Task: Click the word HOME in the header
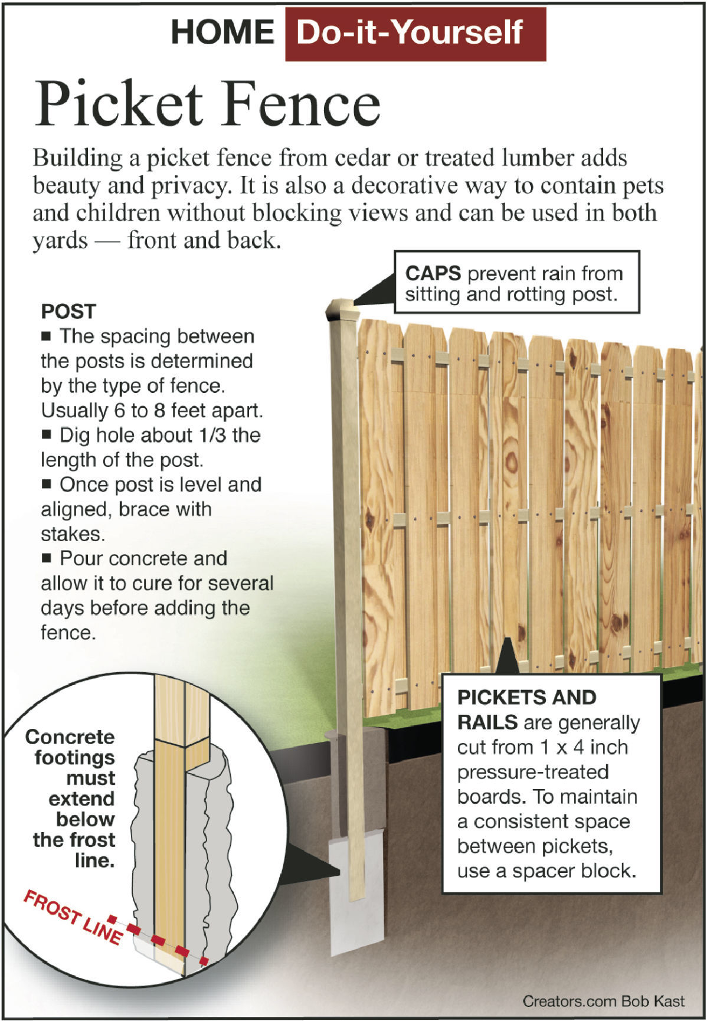222,32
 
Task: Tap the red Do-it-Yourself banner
415,34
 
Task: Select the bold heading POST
68,312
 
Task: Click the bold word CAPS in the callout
433,274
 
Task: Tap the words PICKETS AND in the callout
526,698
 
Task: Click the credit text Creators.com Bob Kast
603,1001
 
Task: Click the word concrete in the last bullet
189,558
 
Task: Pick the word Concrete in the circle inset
70,737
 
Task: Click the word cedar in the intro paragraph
362,158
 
